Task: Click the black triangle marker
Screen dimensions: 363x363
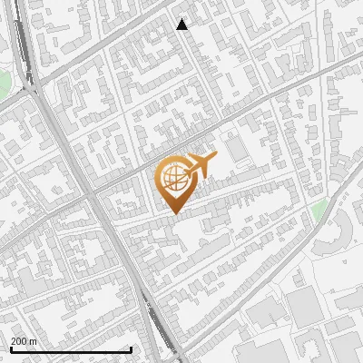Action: (x=182, y=25)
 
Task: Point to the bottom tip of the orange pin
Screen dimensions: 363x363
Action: (x=173, y=214)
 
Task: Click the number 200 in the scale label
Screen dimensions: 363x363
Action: (x=18, y=341)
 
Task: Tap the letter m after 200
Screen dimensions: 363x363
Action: (x=34, y=341)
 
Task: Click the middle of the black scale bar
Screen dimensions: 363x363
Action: (x=71, y=349)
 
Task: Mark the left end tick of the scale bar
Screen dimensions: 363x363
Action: (x=11, y=348)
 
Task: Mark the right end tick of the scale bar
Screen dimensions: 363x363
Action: (x=132, y=348)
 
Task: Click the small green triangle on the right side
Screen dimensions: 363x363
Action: (x=318, y=211)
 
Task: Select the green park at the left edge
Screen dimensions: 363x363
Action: (x=4, y=83)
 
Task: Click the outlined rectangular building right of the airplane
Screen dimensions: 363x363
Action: (x=237, y=148)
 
